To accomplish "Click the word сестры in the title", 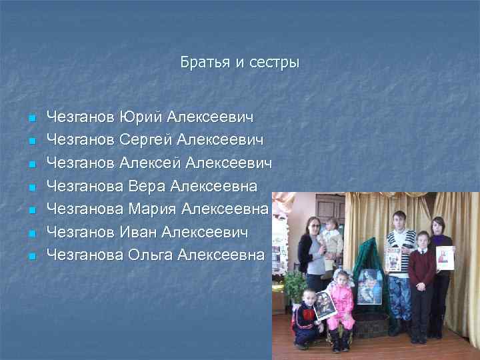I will tap(275, 63).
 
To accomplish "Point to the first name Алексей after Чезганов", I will tap(151, 163).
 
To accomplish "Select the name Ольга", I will tap(150, 255).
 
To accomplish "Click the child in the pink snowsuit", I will tap(341, 303).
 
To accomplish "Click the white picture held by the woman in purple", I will tap(445, 257).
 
